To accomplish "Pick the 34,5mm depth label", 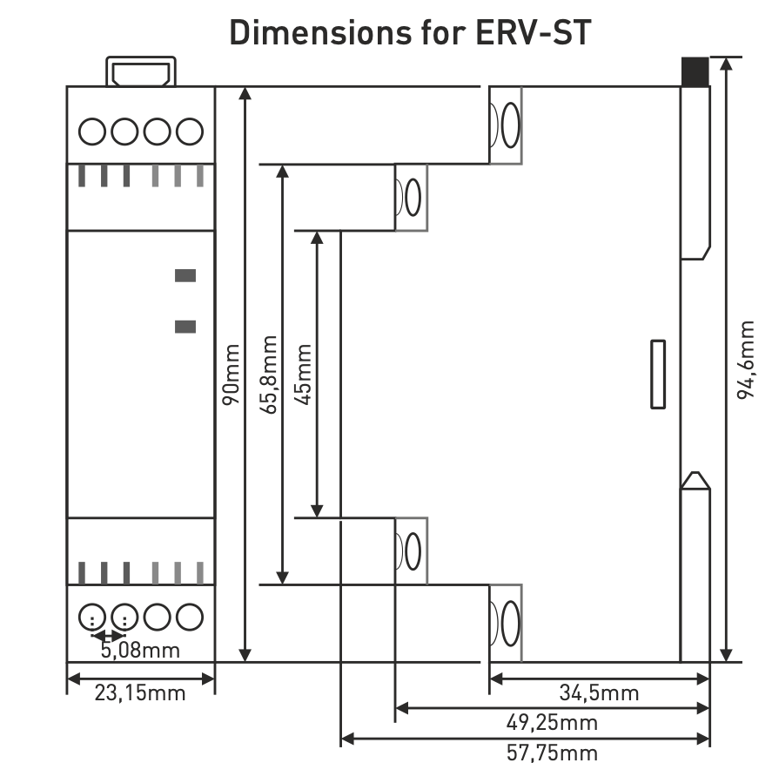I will click(599, 693).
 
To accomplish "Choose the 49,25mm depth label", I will click(553, 723).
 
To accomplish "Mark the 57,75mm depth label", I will click(553, 752).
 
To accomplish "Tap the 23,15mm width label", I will click(140, 693).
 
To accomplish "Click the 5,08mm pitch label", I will click(140, 650).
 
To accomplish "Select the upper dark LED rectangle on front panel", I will click(185, 276).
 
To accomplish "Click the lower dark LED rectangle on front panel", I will click(185, 327).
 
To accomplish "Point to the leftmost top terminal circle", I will click(92, 132).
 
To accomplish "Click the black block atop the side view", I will click(695, 71).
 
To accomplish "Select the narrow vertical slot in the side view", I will click(658, 374).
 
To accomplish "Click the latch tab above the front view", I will click(141, 71).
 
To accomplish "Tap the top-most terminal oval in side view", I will click(510, 125).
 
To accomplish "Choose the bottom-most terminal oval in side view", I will click(510, 624).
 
